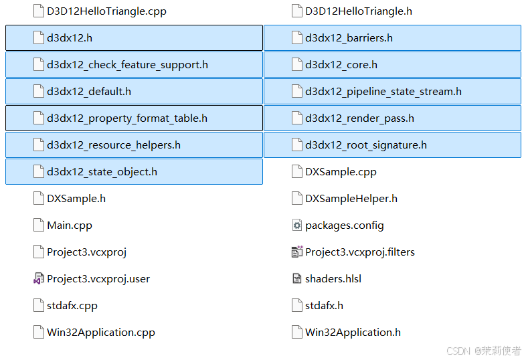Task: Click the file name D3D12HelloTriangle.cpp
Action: click(106, 11)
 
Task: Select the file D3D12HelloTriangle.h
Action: click(358, 11)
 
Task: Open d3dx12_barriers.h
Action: click(349, 38)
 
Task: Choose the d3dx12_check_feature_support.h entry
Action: click(127, 65)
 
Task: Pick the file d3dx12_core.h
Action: click(341, 65)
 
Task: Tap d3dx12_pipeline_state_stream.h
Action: click(383, 92)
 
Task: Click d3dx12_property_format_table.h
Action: click(126, 118)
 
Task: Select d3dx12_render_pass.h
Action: click(359, 118)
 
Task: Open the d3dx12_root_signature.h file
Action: click(365, 145)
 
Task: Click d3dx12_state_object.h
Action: click(102, 172)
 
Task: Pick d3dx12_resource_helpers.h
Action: click(113, 145)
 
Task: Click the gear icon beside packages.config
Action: click(297, 226)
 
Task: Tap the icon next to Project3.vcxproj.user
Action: click(39, 279)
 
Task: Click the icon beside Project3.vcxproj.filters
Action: click(297, 252)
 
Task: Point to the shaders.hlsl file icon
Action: click(297, 279)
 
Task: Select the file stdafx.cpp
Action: click(72, 306)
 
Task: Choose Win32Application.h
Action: click(353, 333)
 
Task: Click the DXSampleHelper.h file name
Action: click(351, 199)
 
